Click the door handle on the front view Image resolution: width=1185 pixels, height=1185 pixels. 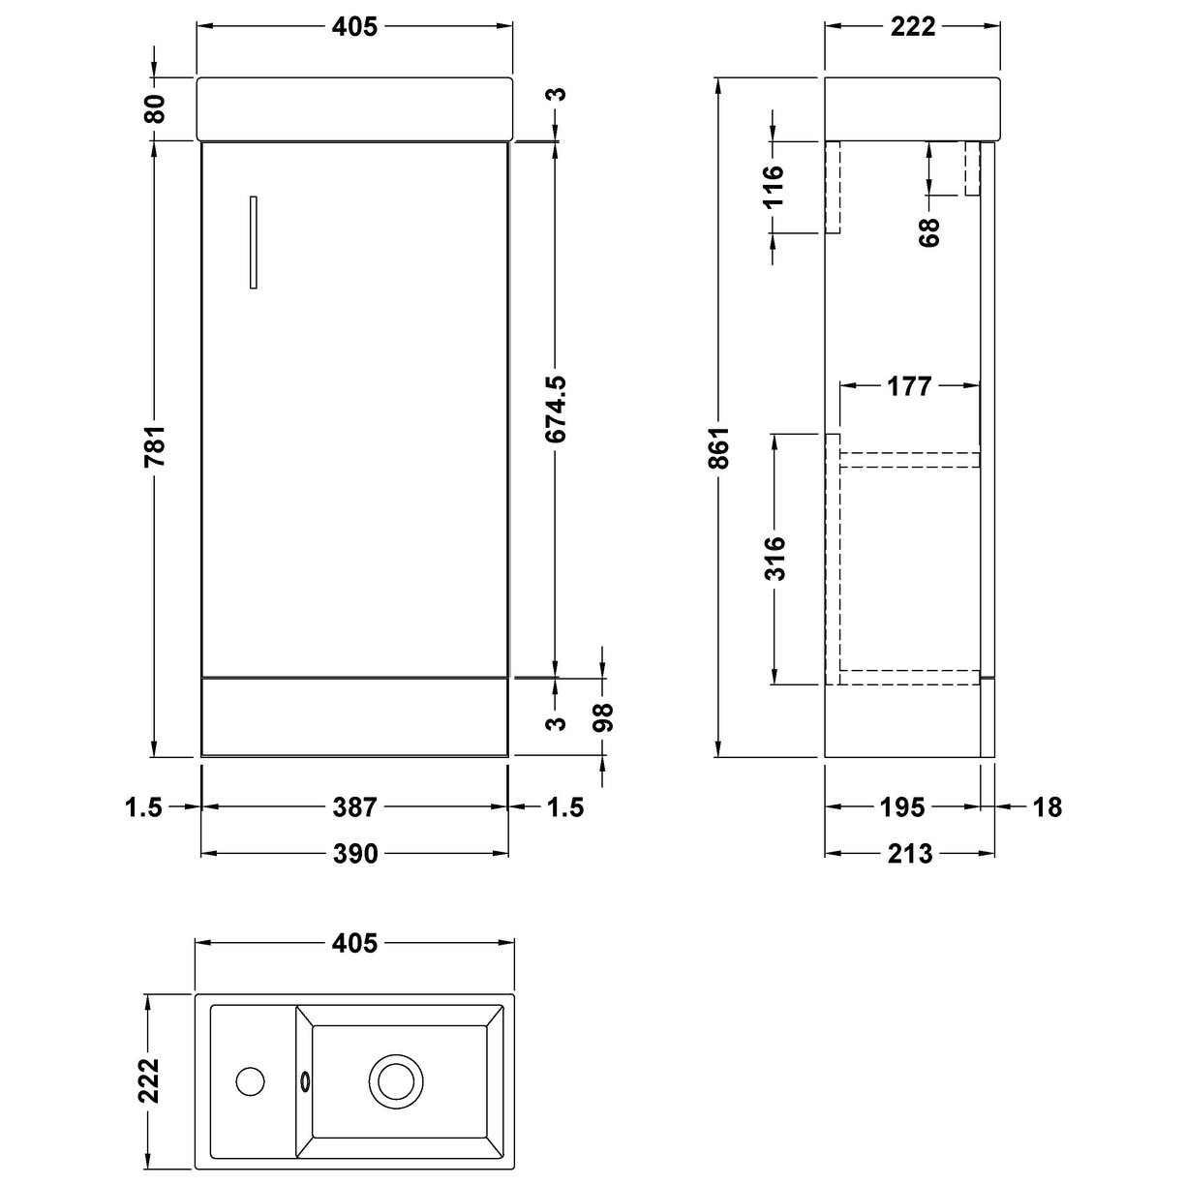[x=254, y=242]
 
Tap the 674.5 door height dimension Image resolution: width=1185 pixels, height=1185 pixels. [x=556, y=410]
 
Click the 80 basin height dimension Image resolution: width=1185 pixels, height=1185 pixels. [x=155, y=108]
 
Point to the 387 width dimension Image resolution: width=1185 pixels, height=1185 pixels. [x=355, y=806]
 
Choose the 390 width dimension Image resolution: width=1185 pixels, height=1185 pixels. [x=355, y=854]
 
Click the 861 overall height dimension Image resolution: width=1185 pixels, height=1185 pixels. [x=719, y=447]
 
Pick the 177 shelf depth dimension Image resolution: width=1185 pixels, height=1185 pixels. [x=909, y=386]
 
